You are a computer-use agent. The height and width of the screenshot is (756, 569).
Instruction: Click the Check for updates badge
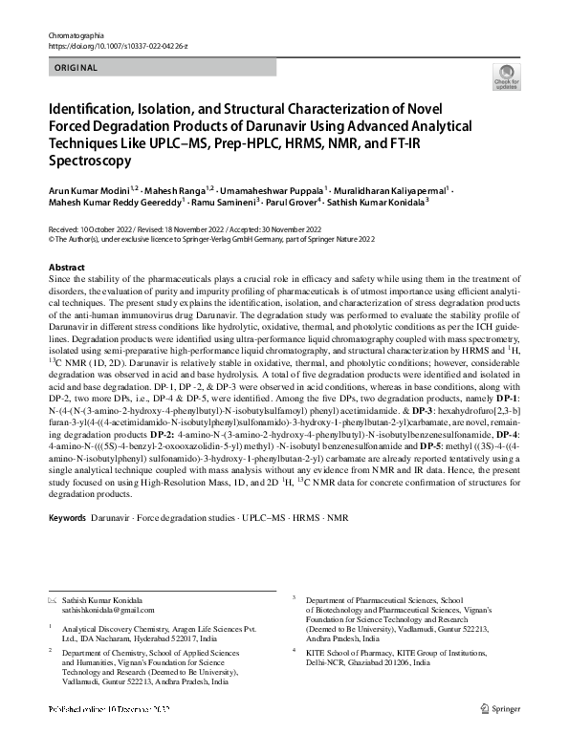point(504,76)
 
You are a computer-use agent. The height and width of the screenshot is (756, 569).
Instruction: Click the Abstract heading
point(66,268)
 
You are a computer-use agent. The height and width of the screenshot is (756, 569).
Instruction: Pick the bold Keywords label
point(67,517)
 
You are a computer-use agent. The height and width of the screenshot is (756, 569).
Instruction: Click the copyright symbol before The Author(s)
point(51,240)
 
